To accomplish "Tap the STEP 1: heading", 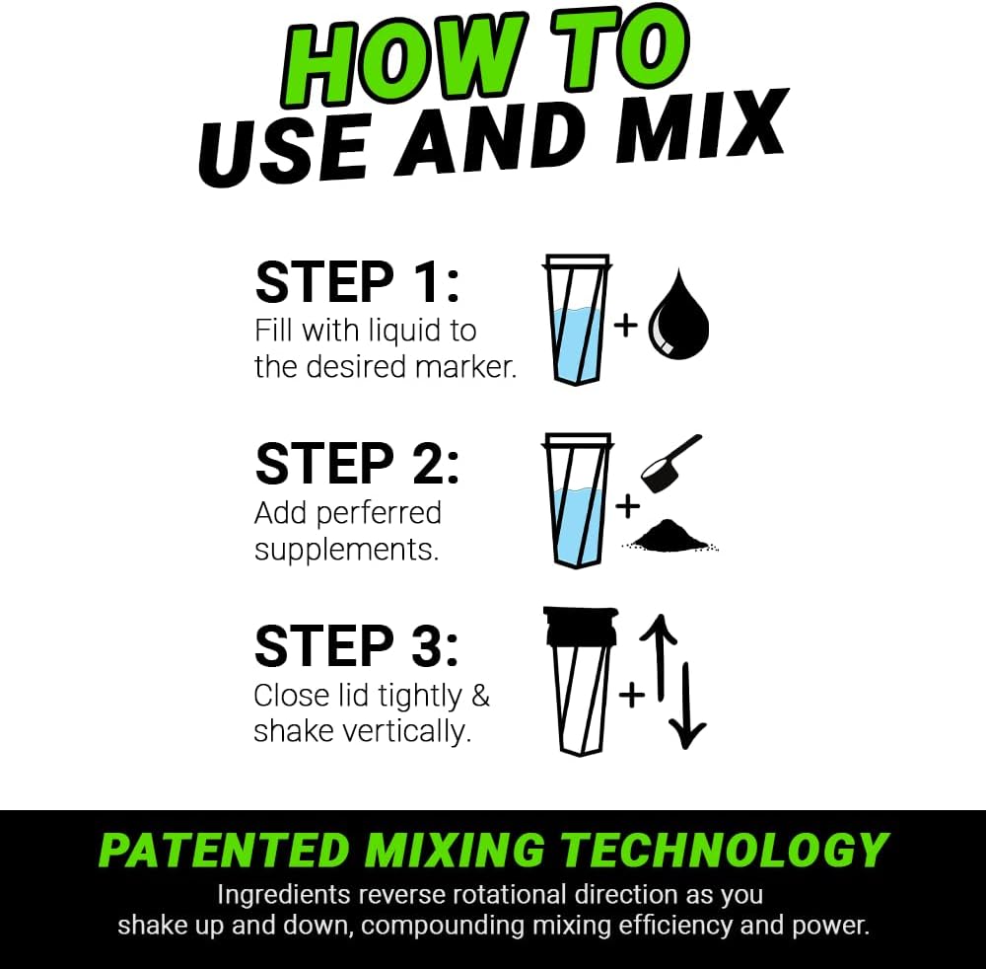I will click(357, 282).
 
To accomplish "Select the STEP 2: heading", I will click(357, 464).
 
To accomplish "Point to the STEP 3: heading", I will click(357, 646).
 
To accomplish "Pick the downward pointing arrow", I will click(687, 706).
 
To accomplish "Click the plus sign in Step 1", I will click(626, 325).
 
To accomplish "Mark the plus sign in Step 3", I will click(631, 696).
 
